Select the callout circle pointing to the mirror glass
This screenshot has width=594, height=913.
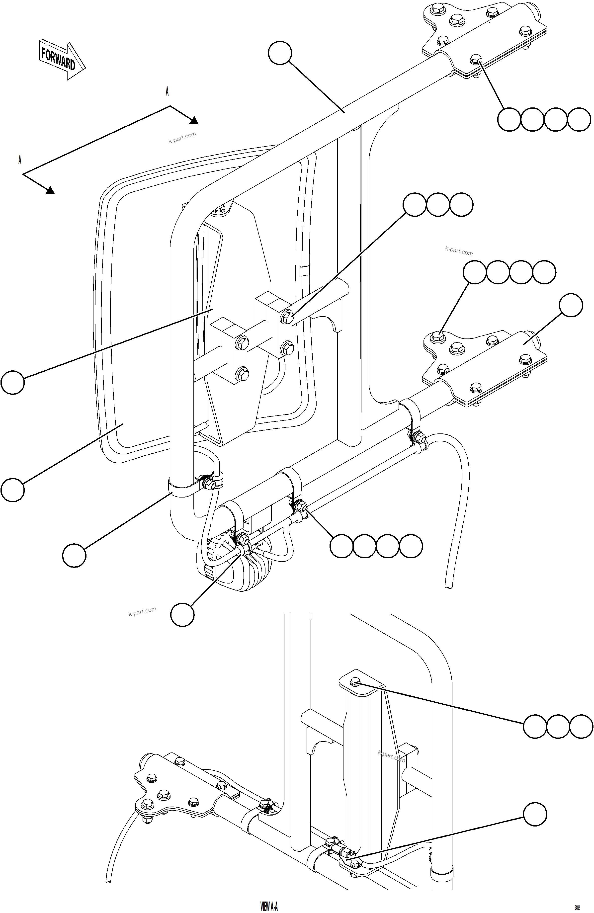(13, 490)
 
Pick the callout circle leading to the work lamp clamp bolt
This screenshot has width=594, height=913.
(182, 615)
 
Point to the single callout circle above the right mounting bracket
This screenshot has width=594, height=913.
(571, 305)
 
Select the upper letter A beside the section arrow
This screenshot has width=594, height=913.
(167, 91)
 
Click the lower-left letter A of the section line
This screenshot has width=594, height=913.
(20, 160)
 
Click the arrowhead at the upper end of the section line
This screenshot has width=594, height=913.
(193, 120)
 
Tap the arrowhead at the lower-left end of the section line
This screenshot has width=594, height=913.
(50, 190)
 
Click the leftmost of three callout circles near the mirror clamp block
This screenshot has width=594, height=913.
(415, 205)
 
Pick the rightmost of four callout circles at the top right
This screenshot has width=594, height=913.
(579, 120)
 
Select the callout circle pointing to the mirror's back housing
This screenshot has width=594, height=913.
(13, 382)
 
